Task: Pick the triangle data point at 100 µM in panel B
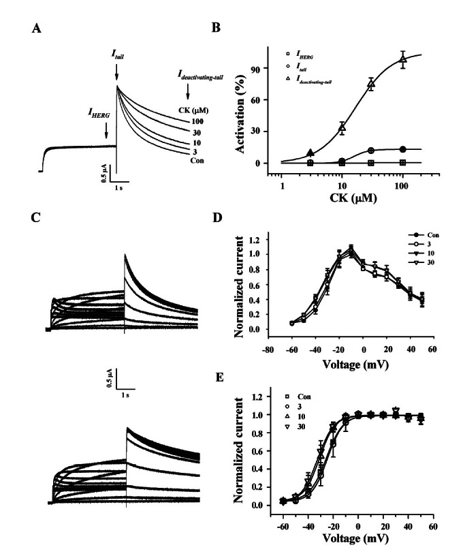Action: point(403,61)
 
